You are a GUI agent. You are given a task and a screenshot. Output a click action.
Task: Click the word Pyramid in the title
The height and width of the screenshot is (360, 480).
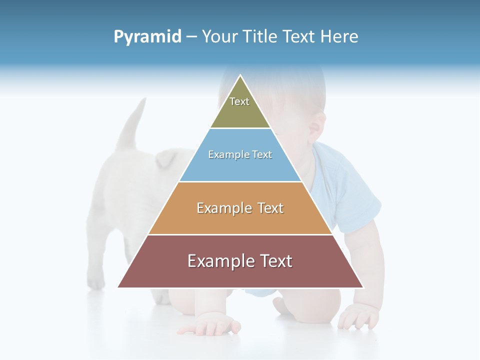point(147,37)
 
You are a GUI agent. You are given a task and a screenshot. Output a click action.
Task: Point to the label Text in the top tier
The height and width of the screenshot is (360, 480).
point(239,101)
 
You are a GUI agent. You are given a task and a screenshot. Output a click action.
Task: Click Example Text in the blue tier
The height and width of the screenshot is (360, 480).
point(240,154)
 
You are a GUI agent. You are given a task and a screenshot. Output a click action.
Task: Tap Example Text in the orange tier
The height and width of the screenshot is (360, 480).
point(240,208)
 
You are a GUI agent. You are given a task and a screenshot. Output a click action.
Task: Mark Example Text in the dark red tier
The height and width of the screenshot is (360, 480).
point(240,261)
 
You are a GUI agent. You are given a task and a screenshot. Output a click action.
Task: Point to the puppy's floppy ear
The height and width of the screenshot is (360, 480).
point(166,159)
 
